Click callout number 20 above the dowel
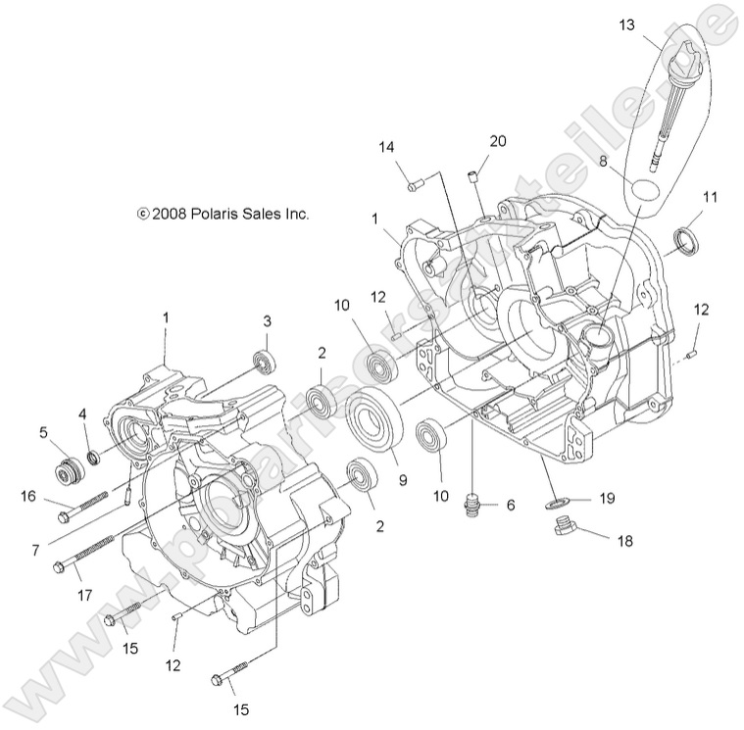[x=498, y=141]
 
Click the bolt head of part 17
[x=60, y=566]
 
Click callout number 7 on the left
[x=34, y=552]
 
